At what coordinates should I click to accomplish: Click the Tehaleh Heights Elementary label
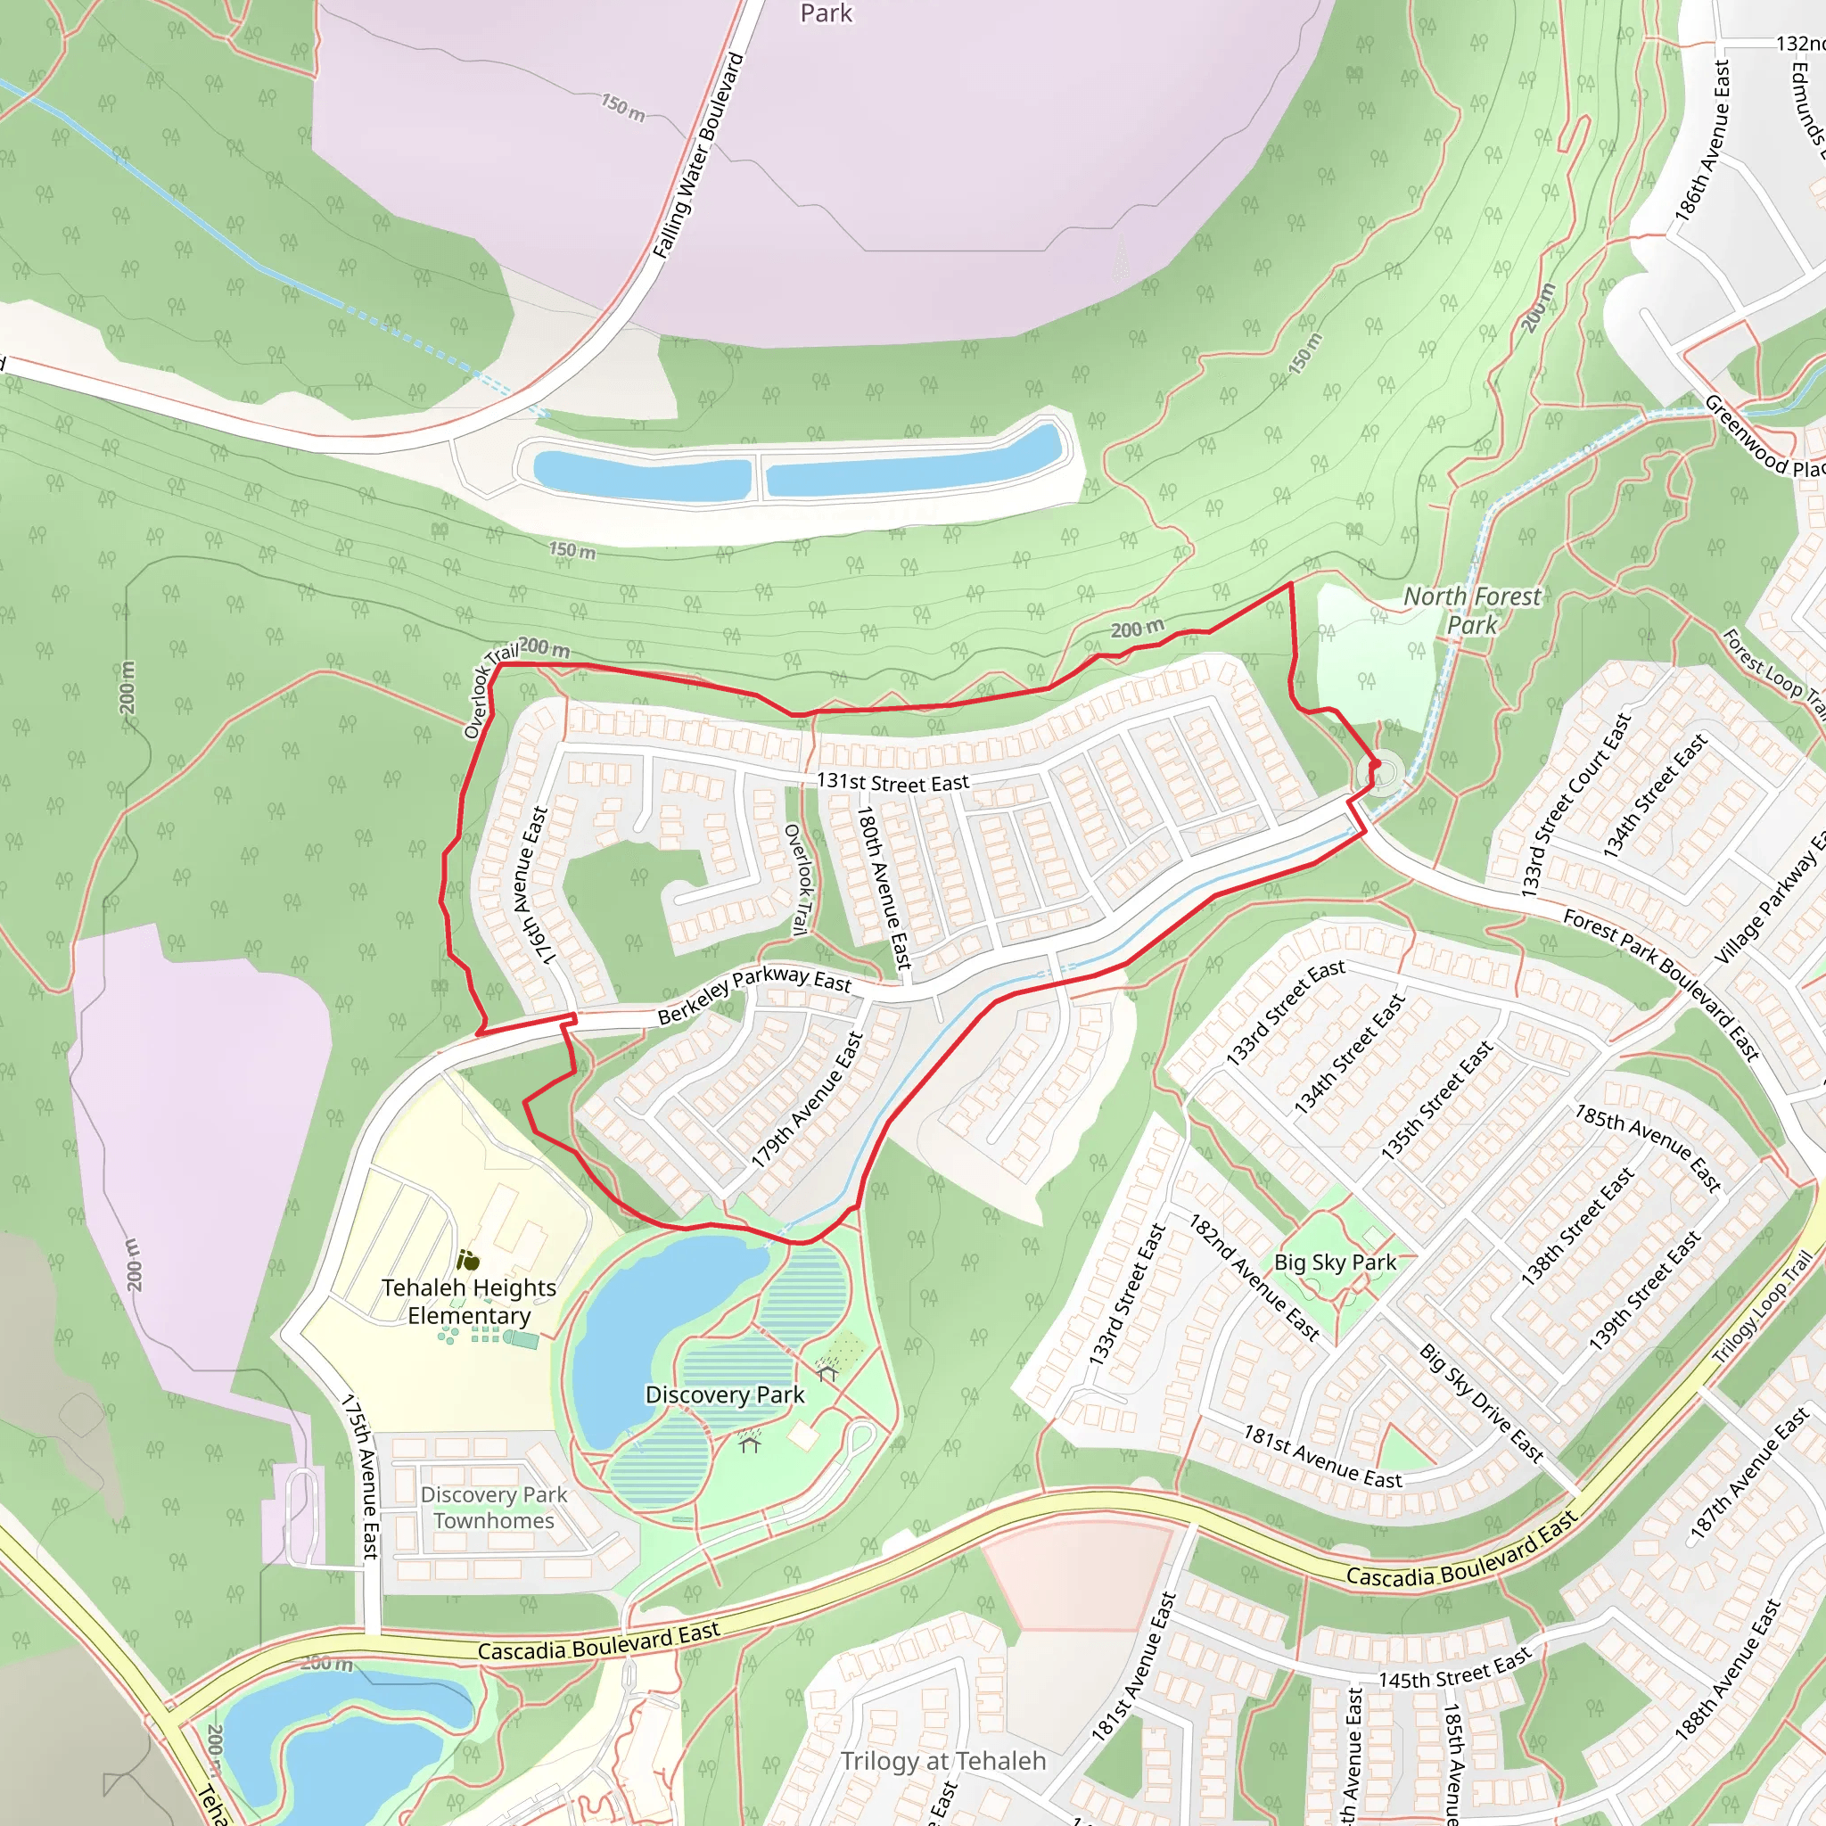point(469,1302)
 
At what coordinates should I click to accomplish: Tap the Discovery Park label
point(725,1395)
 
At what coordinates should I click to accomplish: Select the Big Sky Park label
point(1335,1263)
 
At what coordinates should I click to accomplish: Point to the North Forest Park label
point(1471,611)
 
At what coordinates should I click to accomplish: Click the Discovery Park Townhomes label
point(493,1508)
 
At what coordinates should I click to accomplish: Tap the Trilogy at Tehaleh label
point(943,1761)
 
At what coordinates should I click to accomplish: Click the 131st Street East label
point(893,783)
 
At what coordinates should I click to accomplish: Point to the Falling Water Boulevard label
point(698,156)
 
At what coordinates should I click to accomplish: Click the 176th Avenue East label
point(531,884)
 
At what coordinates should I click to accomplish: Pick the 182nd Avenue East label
point(1254,1277)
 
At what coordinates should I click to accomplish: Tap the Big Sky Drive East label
point(1481,1403)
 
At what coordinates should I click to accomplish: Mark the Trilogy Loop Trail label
point(1762,1308)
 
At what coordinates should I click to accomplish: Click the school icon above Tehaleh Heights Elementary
point(468,1260)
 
